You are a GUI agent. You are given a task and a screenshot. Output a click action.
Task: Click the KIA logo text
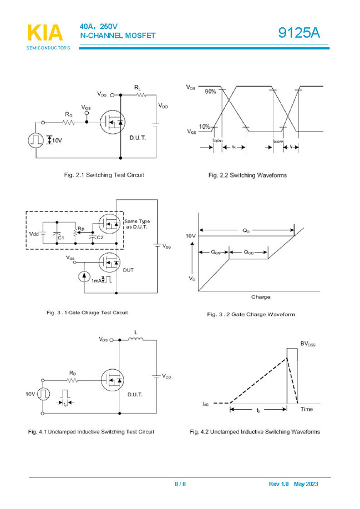pos(45,33)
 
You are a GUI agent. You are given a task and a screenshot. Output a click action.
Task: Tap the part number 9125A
pos(299,33)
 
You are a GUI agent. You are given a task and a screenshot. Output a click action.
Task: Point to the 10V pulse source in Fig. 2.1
pos(35,140)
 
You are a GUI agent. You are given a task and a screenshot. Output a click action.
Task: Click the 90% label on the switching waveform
pos(210,91)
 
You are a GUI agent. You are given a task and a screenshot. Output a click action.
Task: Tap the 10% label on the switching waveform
pos(206,127)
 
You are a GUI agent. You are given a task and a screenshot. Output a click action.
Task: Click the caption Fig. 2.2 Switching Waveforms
pos(247,175)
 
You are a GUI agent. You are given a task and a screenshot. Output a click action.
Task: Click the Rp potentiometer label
pos(81,228)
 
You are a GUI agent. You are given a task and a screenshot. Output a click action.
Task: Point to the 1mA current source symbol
pos(84,276)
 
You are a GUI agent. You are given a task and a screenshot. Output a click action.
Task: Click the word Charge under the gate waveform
pos(261,297)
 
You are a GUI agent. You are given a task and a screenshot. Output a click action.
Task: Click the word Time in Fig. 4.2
pos(307,409)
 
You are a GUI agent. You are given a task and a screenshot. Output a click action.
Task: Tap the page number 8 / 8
pos(180,484)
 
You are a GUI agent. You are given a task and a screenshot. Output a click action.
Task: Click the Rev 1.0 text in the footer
pos(279,484)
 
